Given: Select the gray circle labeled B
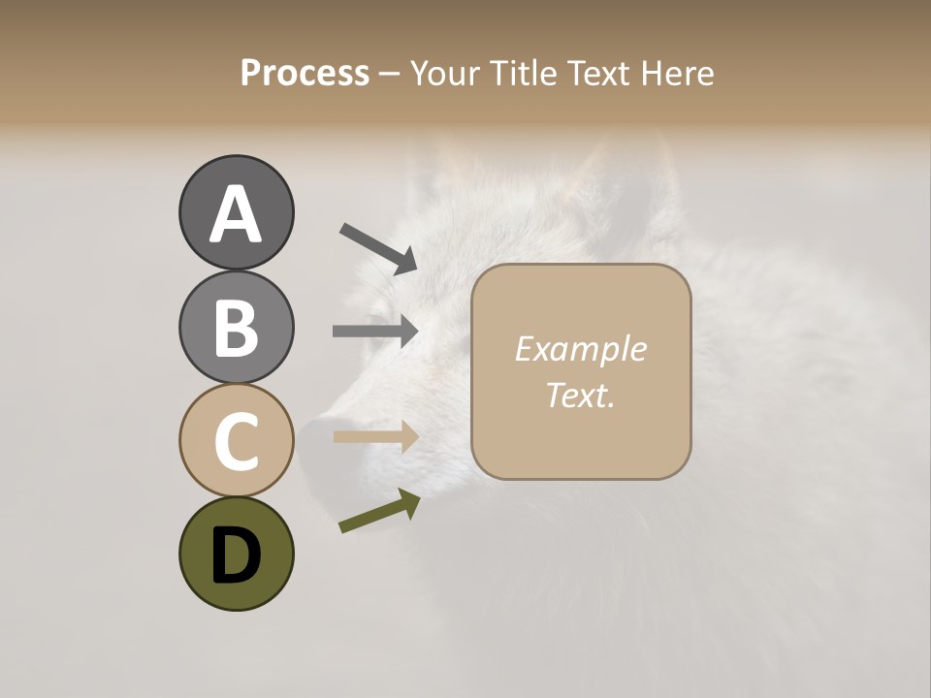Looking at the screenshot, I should (236, 327).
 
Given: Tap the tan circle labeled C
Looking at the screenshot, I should (236, 440).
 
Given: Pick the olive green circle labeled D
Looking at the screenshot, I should (236, 554).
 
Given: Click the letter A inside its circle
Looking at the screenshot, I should (236, 214).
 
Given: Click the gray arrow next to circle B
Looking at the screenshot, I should (375, 331).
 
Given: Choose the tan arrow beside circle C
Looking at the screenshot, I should (375, 436).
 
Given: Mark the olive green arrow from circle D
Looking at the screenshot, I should (379, 512).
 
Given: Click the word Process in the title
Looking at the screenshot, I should (305, 74).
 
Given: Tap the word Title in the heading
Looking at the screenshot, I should (525, 74).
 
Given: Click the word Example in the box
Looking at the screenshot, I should (580, 349).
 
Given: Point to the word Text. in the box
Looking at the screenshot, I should (580, 395).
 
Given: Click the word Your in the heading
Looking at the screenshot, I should (443, 74).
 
